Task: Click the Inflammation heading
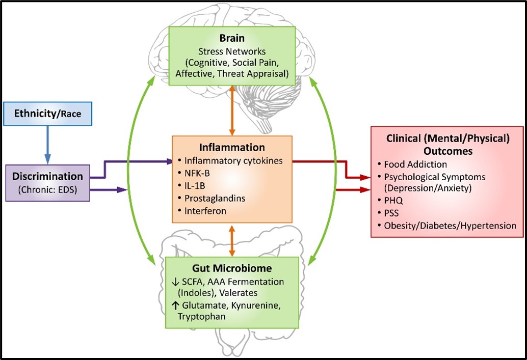pyautogui.click(x=232, y=148)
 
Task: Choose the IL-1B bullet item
pyautogui.click(x=190, y=185)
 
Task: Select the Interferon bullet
pyautogui.click(x=202, y=210)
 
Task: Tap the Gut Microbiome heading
pyautogui.click(x=232, y=268)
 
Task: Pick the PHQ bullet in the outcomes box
pyautogui.click(x=394, y=201)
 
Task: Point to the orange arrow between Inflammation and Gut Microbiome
pyautogui.click(x=232, y=240)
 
